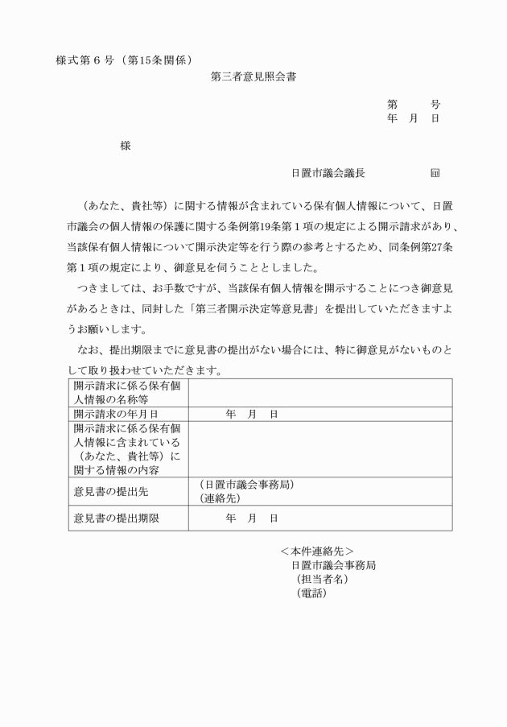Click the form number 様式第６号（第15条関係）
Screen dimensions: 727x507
(x=123, y=60)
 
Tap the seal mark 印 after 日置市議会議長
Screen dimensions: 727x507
(x=435, y=172)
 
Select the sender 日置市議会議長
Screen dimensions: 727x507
(x=328, y=172)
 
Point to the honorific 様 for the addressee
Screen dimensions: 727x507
(x=125, y=146)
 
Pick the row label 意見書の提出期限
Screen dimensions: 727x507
(x=116, y=518)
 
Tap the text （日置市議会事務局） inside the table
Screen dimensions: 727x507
(x=245, y=485)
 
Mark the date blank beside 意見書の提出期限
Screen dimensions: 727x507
(x=252, y=518)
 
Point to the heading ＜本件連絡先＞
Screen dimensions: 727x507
(x=316, y=551)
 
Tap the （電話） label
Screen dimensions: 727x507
(x=311, y=593)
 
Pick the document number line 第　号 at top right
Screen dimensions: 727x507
(x=413, y=105)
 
